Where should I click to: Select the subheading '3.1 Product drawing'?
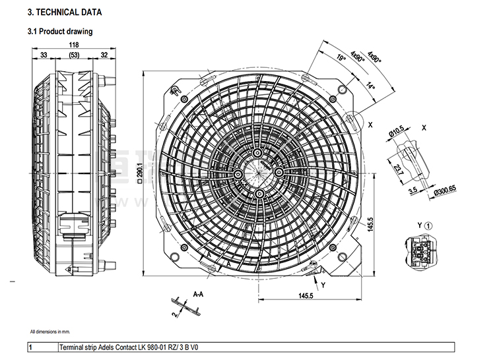[59, 31]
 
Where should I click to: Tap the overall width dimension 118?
[73, 45]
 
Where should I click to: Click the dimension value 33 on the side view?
[44, 55]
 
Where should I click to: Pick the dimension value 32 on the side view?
[104, 55]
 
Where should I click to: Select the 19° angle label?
[341, 59]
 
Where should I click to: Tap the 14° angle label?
[370, 85]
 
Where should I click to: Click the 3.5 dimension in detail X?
[412, 192]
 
